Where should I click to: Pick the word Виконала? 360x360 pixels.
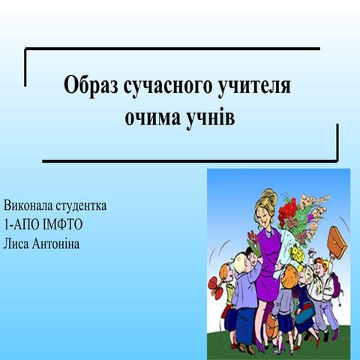(x=28, y=205)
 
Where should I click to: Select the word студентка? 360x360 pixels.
(x=81, y=205)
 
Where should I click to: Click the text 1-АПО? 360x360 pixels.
(x=19, y=223)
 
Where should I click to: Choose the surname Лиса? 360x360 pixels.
(x=18, y=242)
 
